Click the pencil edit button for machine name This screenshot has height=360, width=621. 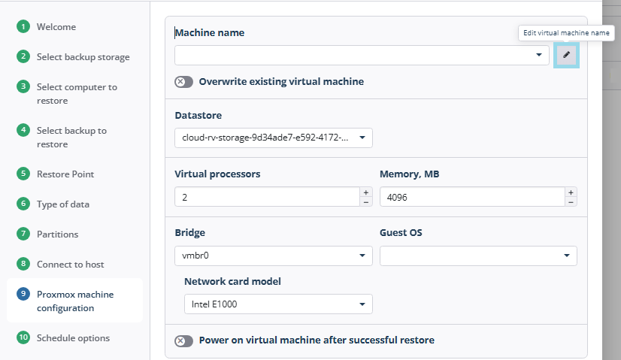[x=566, y=55]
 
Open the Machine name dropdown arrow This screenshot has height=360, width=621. [x=538, y=55]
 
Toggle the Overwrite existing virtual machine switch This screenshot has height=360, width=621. [x=183, y=82]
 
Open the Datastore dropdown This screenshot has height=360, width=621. [x=273, y=138]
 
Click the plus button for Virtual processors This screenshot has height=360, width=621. [x=366, y=192]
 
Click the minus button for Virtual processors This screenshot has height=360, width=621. [x=366, y=202]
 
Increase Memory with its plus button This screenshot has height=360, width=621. [x=571, y=192]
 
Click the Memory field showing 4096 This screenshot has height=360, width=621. [x=472, y=197]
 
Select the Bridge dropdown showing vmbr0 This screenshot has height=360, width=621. [x=273, y=256]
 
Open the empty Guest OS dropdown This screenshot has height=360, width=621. [x=478, y=256]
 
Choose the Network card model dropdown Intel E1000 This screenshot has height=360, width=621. [x=278, y=304]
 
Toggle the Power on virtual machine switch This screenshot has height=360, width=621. [x=183, y=340]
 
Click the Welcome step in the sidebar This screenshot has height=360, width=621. [x=56, y=27]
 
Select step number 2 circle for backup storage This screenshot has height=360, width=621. [x=23, y=56]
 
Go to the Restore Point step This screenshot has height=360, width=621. [x=65, y=174]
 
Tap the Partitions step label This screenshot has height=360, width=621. [x=57, y=234]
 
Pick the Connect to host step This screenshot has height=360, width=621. [x=70, y=265]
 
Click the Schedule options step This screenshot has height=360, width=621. [x=73, y=338]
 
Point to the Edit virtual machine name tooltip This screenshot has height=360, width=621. [x=566, y=33]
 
